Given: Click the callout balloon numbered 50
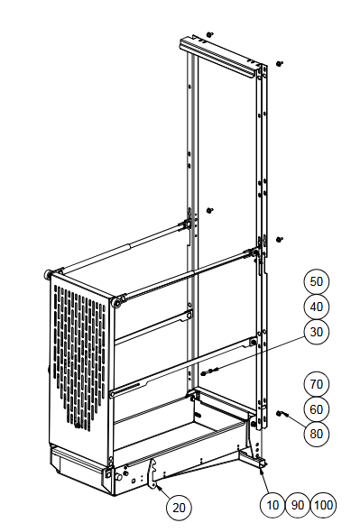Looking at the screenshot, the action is coord(316,281).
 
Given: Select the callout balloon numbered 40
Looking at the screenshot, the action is coord(316,307).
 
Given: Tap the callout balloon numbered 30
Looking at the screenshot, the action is coord(316,332).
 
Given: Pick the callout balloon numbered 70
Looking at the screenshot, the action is coord(316,384).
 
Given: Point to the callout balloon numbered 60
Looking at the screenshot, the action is coord(316,409).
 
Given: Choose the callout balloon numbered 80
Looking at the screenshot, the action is coord(316,434).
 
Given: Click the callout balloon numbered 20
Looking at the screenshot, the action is coord(179,508).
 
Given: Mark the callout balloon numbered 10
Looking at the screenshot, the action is coord(272,505).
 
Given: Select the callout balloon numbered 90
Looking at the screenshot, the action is coord(298,505).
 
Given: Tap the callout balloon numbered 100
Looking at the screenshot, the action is coord(323,505).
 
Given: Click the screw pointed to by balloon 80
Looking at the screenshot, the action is coord(282,414).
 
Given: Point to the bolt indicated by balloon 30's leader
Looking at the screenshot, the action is coord(209,371).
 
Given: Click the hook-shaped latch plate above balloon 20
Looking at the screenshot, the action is coord(152,473).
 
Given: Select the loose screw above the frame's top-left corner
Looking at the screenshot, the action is coord(210,34).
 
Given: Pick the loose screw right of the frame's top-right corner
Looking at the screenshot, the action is coord(280,63).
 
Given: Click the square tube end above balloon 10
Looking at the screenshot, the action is coord(263,464).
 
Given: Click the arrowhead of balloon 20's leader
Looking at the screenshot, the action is coord(157,486).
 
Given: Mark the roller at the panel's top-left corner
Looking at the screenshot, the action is coord(48,274).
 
